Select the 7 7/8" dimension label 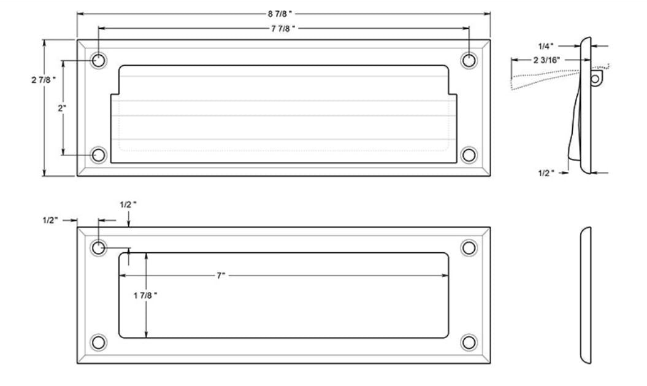point(284,28)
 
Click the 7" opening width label point(221,276)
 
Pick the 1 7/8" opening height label point(145,295)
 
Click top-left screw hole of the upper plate point(98,60)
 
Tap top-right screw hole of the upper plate point(469,60)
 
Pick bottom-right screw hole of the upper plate point(469,155)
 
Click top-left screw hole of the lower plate point(98,247)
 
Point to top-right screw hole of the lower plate point(469,247)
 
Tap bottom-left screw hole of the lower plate point(98,342)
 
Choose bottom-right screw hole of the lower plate point(469,342)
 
